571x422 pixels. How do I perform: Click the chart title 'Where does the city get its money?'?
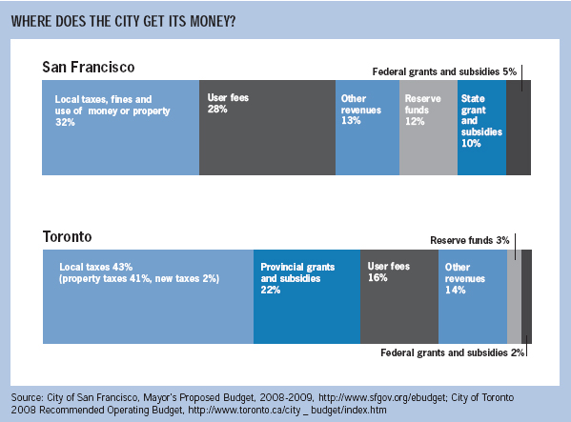(x=124, y=22)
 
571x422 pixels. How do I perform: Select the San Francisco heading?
(x=89, y=68)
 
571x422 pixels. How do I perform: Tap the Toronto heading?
(x=68, y=237)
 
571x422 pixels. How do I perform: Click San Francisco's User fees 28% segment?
(x=267, y=128)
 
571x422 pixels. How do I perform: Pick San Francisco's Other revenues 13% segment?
(x=367, y=128)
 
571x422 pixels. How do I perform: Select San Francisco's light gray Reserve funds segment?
(x=429, y=128)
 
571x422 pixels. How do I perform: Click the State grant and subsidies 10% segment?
(x=481, y=128)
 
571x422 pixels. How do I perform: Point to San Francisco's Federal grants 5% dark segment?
(x=519, y=128)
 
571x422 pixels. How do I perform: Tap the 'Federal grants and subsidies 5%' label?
(x=444, y=71)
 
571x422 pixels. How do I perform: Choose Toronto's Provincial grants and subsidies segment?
(x=307, y=296)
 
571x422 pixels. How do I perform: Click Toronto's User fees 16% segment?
(x=399, y=296)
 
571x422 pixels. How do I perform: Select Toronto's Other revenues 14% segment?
(x=473, y=296)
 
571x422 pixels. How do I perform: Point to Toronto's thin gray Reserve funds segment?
(x=514, y=296)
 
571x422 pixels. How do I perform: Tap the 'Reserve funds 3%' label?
(x=470, y=240)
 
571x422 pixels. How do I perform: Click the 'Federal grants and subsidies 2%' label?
(x=452, y=352)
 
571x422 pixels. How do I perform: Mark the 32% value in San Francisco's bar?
(x=65, y=122)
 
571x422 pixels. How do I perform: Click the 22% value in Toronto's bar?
(x=271, y=290)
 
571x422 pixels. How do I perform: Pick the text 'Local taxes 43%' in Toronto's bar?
(x=96, y=267)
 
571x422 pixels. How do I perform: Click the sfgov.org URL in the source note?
(x=382, y=397)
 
